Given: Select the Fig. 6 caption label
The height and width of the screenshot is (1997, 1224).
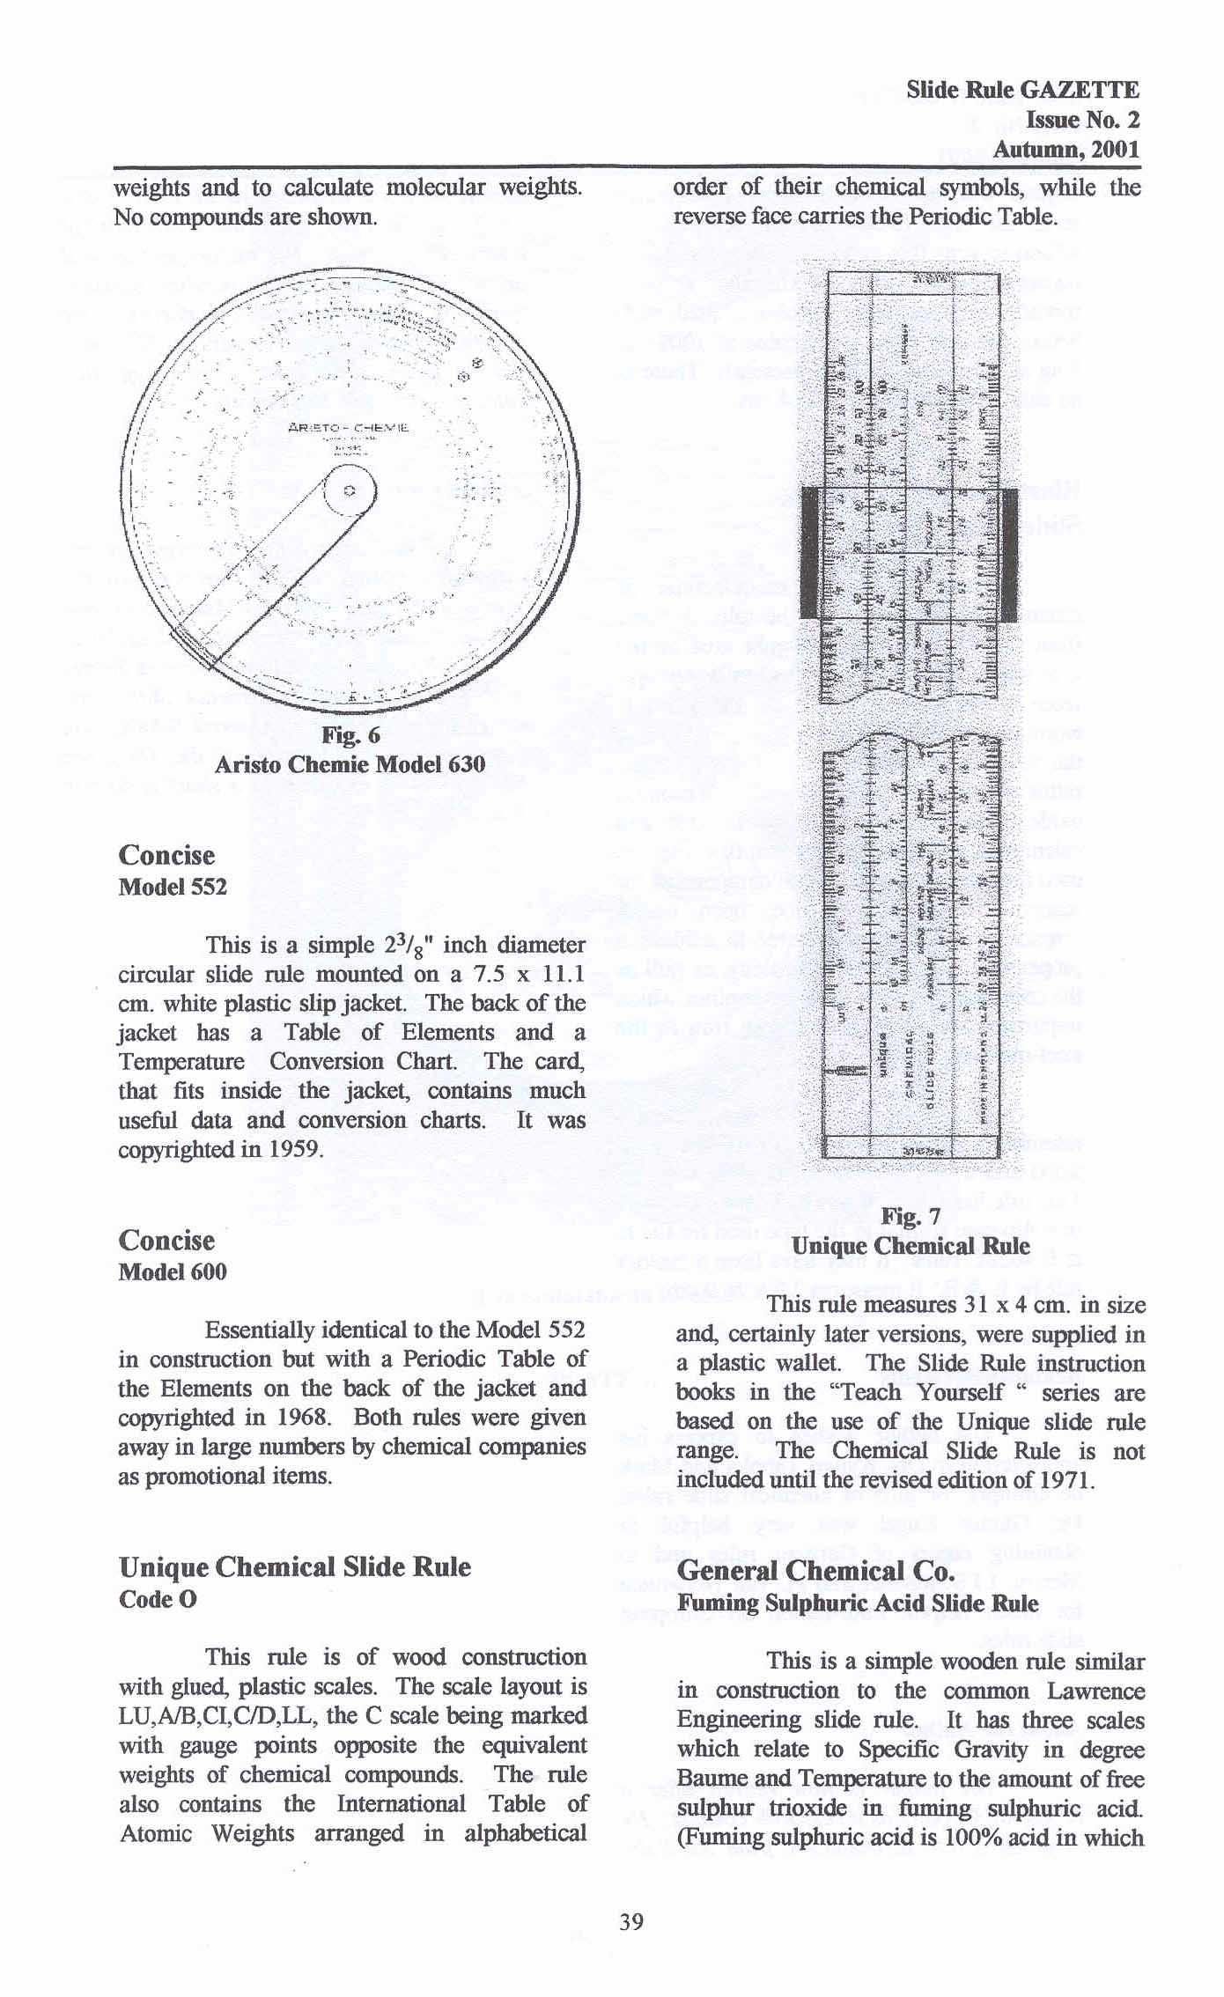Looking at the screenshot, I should [x=350, y=735].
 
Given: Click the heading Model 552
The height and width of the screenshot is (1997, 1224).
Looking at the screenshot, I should [x=173, y=887].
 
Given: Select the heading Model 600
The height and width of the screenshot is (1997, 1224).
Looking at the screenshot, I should [x=173, y=1271].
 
